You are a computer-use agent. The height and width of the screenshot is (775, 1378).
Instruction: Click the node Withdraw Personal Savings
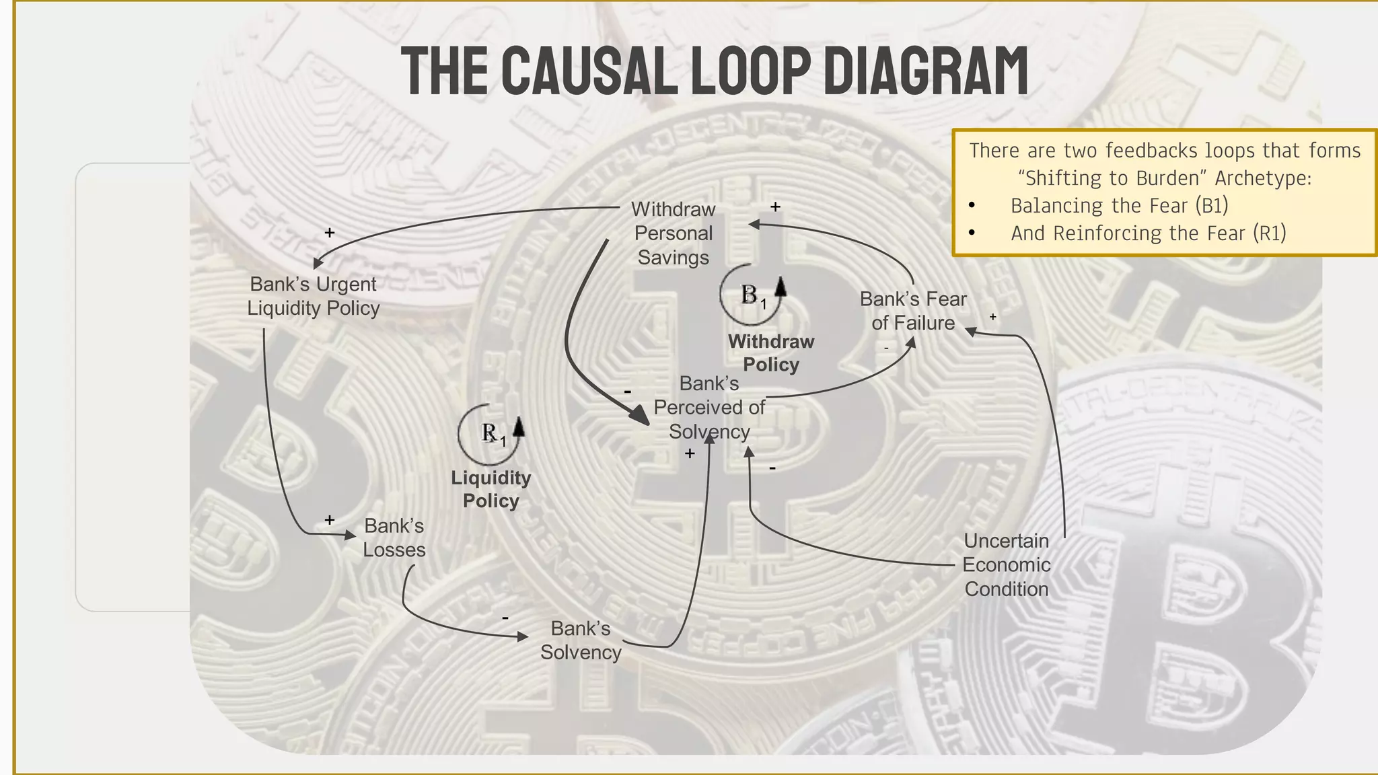[x=673, y=233]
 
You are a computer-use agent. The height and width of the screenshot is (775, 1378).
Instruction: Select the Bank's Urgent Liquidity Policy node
[x=314, y=296]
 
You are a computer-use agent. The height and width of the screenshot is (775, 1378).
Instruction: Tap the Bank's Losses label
[x=394, y=538]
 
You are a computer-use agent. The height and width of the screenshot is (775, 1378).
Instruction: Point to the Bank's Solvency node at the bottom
[x=581, y=640]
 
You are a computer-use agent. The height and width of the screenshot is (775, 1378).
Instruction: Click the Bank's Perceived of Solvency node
[x=709, y=408]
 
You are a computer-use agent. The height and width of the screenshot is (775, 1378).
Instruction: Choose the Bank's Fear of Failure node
[x=913, y=311]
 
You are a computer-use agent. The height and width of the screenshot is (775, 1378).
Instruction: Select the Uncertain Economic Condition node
[x=1007, y=565]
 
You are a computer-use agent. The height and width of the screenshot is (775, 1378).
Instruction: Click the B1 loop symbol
[x=752, y=295]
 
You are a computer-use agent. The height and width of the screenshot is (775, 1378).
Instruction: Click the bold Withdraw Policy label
[x=771, y=353]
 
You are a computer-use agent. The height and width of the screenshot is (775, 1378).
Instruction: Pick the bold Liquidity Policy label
[x=491, y=490]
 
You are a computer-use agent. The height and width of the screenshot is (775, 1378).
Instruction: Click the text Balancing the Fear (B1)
[x=1119, y=205]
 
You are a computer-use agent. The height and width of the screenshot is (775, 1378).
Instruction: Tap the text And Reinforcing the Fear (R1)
[x=1148, y=233]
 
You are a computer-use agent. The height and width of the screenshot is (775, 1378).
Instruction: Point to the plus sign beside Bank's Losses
[x=330, y=520]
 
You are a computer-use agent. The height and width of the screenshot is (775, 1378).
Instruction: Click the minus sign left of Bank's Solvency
[x=505, y=618]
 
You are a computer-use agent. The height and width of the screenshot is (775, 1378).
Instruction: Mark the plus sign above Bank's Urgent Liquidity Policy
[x=330, y=233]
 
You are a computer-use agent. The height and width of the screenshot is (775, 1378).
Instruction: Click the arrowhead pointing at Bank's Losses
[x=350, y=536]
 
